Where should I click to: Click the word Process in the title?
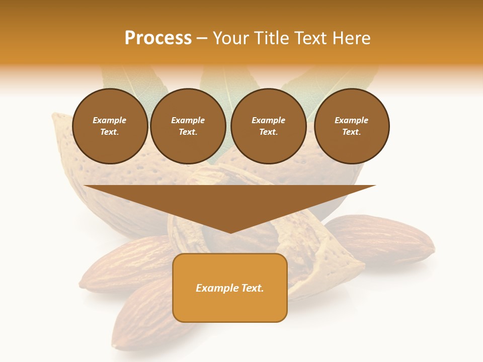158,38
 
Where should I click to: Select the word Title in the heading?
270,38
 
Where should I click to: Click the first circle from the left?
110,126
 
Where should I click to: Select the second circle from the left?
188,126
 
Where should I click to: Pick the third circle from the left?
269,126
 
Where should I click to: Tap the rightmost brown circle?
352,126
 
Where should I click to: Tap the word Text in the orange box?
252,288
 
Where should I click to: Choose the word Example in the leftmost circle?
110,120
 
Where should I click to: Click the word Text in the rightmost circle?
351,132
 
